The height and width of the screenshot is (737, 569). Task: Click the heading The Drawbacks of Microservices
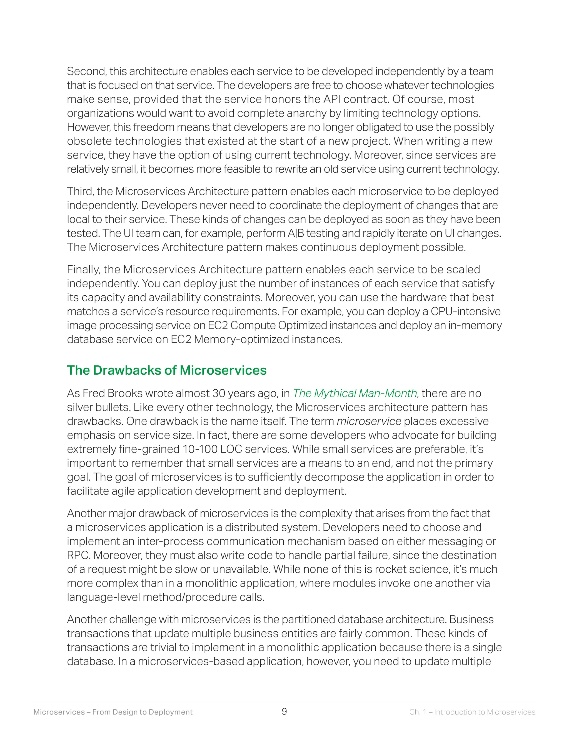click(x=166, y=370)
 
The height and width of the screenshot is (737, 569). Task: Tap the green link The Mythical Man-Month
click(x=355, y=393)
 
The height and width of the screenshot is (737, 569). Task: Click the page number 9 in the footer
click(x=284, y=712)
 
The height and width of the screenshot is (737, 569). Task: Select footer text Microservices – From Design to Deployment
click(x=113, y=712)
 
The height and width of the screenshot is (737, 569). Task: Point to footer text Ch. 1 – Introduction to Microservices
click(x=472, y=712)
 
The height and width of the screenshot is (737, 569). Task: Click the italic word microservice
click(x=369, y=421)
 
